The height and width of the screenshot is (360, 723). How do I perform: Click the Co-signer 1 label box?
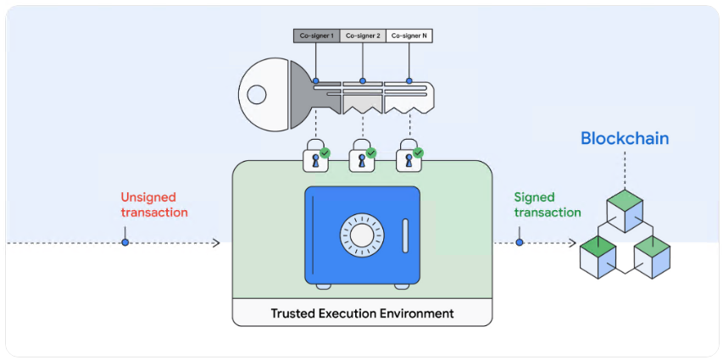[x=316, y=36]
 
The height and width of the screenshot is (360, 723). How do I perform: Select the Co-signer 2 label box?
[x=363, y=36]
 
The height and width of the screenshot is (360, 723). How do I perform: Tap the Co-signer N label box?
[x=409, y=36]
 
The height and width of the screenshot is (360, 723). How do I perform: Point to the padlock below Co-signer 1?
[x=315, y=158]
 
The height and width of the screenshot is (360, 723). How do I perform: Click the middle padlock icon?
[x=362, y=158]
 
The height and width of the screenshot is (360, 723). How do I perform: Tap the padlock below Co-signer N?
[x=408, y=158]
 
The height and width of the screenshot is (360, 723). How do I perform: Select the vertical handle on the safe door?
[x=405, y=235]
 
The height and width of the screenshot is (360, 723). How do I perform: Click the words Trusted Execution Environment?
[x=362, y=313]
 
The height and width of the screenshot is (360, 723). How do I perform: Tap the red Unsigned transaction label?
[x=154, y=204]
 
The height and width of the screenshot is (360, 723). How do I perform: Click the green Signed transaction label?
[x=547, y=204]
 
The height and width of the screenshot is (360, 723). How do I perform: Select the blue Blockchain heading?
[x=625, y=138]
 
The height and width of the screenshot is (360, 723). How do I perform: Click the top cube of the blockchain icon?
[x=625, y=208]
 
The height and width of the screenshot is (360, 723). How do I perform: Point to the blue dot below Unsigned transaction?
[x=125, y=242]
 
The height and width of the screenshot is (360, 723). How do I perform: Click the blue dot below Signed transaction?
[x=520, y=242]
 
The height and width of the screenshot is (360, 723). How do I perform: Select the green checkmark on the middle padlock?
[x=371, y=152]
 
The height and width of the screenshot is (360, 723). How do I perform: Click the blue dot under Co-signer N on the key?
[x=409, y=81]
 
